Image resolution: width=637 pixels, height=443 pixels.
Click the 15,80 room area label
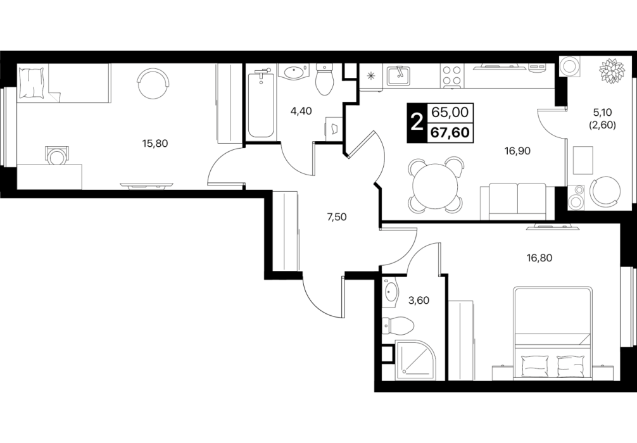tap(155, 143)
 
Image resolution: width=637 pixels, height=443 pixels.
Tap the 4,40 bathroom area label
tap(301, 111)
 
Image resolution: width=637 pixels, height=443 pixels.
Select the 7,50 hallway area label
tap(337, 217)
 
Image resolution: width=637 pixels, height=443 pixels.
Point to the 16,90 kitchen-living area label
tap(517, 151)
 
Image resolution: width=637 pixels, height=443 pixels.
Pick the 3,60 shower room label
tap(419, 301)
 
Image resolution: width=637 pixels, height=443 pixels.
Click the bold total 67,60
tap(450, 132)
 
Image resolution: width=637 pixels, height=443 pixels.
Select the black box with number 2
tap(417, 123)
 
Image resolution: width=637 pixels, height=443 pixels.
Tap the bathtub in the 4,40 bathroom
tap(260, 103)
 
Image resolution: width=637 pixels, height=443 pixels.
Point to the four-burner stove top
tap(451, 75)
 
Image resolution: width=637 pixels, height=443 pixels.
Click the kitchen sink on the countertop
tap(398, 75)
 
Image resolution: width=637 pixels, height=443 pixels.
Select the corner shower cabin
tap(414, 359)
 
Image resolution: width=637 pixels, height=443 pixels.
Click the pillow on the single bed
tap(31, 83)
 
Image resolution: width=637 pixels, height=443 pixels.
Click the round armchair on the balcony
tap(605, 192)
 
